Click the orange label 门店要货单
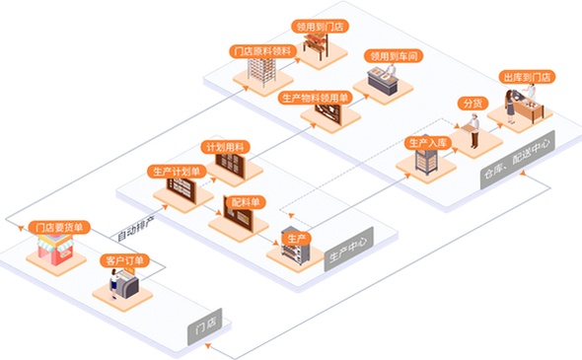pos(59,228)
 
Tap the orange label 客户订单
pos(124,260)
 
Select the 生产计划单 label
pos(177,172)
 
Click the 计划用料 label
pos(225,147)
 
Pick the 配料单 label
pos(245,202)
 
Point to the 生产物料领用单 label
pos(315,98)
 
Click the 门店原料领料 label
pos(262,51)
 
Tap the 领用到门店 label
pos(320,27)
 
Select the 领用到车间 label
pos(394,56)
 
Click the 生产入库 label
pos(428,143)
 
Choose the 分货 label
pos(473,104)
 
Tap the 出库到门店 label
pos(527,77)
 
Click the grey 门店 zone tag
pos(205,326)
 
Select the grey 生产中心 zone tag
pos(348,249)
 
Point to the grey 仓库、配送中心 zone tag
pos(518,160)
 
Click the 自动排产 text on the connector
pos(135,230)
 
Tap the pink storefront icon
pos(55,250)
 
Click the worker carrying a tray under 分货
pos(473,130)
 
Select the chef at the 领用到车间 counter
pos(390,71)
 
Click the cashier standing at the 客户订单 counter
pos(114,283)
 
